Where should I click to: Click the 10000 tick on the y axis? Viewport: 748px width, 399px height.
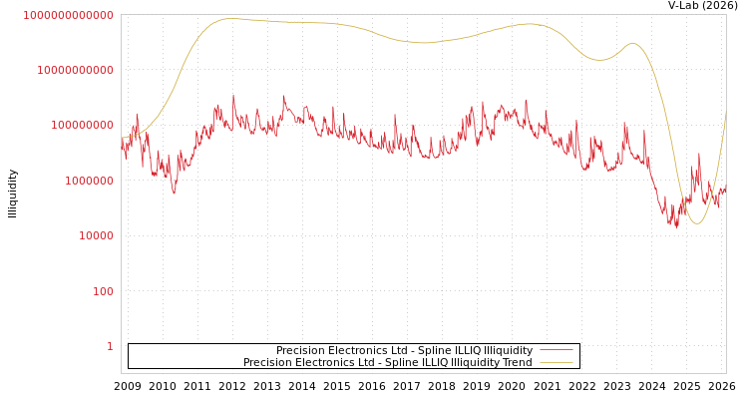pyautogui.click(x=96, y=236)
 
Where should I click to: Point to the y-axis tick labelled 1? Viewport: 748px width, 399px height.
pyautogui.click(x=110, y=346)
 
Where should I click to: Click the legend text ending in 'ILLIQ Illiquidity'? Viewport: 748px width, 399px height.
pyautogui.click(x=404, y=351)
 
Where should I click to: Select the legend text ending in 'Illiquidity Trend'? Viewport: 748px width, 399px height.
pyautogui.click(x=387, y=362)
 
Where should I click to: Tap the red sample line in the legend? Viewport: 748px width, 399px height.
pyautogui.click(x=556, y=351)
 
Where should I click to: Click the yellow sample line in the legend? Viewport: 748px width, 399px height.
pyautogui.click(x=556, y=362)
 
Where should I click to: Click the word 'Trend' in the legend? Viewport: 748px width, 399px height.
pyautogui.click(x=517, y=362)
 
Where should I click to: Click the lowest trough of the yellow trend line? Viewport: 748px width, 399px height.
pyautogui.click(x=696, y=223)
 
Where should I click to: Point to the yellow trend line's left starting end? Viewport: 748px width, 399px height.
pyautogui.click(x=122, y=138)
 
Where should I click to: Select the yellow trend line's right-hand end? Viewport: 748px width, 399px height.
pyautogui.click(x=725, y=112)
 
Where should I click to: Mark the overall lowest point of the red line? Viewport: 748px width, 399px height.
pyautogui.click(x=677, y=227)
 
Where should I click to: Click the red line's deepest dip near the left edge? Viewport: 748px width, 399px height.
pyautogui.click(x=174, y=193)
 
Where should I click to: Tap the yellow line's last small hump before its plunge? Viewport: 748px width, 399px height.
pyautogui.click(x=631, y=44)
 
